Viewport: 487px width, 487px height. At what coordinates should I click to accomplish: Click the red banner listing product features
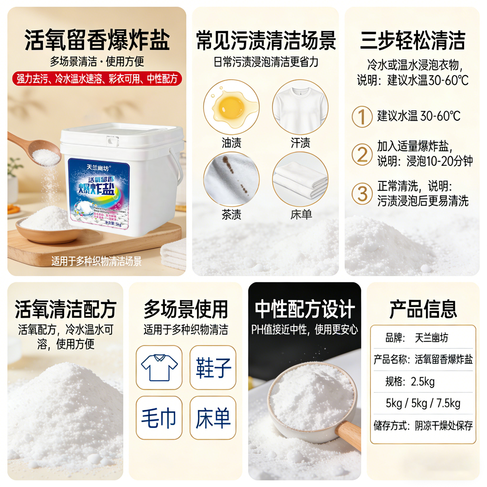[97, 79]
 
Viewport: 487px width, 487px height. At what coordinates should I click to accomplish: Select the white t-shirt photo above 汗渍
[300, 107]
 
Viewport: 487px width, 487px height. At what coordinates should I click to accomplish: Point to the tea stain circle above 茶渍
[231, 179]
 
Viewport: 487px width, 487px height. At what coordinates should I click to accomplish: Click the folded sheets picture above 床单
[300, 179]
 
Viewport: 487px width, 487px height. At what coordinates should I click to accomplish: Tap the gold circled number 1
[362, 117]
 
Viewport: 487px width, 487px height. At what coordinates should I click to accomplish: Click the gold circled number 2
[362, 154]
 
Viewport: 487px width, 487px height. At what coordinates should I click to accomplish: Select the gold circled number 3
[362, 193]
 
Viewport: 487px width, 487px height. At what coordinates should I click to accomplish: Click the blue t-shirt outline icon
[159, 367]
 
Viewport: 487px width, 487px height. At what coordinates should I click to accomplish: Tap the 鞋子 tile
[213, 367]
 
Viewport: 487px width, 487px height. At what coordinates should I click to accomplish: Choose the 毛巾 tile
[159, 418]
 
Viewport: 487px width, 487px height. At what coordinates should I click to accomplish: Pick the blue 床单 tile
[213, 418]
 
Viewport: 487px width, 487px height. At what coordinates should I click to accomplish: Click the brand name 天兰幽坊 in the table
[431, 338]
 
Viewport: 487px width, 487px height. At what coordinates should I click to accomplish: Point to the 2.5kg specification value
[423, 382]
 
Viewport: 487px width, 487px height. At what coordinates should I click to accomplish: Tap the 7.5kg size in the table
[448, 403]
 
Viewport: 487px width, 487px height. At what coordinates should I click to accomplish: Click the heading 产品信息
[423, 309]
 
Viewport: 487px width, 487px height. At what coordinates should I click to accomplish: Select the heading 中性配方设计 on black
[305, 309]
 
